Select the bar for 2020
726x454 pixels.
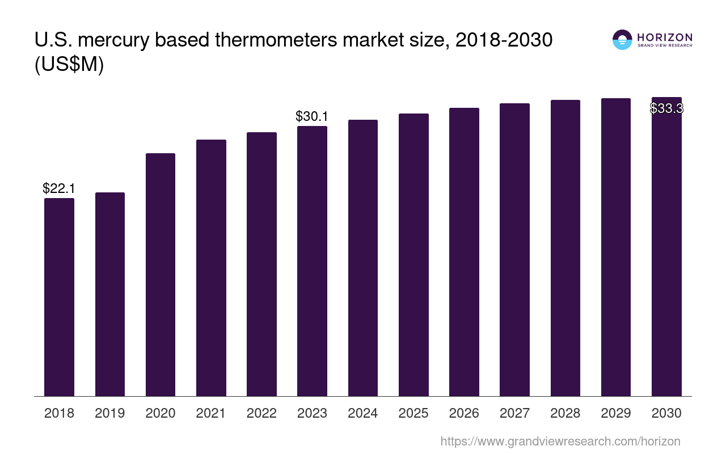tap(161, 275)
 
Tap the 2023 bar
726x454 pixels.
tap(312, 261)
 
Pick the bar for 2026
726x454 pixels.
tap(464, 252)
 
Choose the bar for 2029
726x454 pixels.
tap(616, 247)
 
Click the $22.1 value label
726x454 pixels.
tap(59, 188)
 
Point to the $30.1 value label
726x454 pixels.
tap(312, 116)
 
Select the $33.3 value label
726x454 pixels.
tap(666, 108)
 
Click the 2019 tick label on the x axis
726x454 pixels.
tap(110, 413)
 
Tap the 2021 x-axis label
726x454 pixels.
tap(211, 413)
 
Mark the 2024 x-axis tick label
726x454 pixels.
tap(363, 413)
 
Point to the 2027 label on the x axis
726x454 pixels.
tap(514, 413)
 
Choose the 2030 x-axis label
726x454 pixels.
tap(666, 413)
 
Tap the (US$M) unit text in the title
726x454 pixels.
tap(69, 65)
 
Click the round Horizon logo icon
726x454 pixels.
tap(622, 40)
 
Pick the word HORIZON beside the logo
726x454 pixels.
tap(665, 37)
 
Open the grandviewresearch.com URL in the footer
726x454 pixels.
tap(560, 441)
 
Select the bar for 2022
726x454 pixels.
tap(261, 264)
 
